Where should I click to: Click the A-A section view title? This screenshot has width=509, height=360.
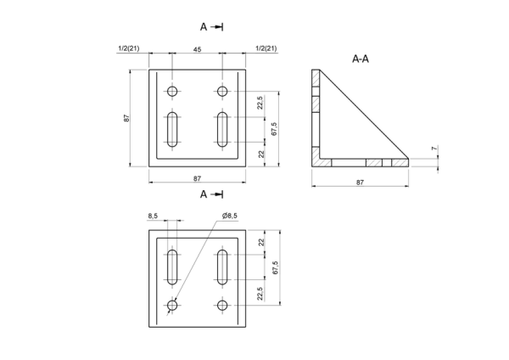361,59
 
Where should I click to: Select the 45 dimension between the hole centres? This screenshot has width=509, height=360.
197,49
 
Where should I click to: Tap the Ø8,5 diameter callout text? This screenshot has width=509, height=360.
230,216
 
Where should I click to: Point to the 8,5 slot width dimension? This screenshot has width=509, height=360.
153,216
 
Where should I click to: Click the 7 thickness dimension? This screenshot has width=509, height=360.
434,149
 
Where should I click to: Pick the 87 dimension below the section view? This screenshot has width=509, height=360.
360,183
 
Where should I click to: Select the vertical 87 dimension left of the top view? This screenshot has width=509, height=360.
126,118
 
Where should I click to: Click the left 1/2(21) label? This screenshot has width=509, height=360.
129,48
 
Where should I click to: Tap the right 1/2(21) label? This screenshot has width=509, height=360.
266,48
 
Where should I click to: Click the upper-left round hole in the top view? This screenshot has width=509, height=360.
172,92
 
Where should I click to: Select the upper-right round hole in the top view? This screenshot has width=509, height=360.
222,92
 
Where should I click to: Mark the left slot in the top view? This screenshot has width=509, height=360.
172,129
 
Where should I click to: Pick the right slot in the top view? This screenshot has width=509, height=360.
222,129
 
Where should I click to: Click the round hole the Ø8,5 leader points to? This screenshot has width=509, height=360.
172,306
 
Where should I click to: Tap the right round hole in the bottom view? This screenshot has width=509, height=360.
222,306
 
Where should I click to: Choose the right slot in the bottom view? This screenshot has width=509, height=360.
222,267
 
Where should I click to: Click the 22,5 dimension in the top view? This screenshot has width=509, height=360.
260,103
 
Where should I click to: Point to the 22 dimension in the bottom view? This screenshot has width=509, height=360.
261,242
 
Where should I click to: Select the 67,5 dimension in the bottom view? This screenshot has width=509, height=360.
276,267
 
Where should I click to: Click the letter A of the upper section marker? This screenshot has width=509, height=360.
204,27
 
